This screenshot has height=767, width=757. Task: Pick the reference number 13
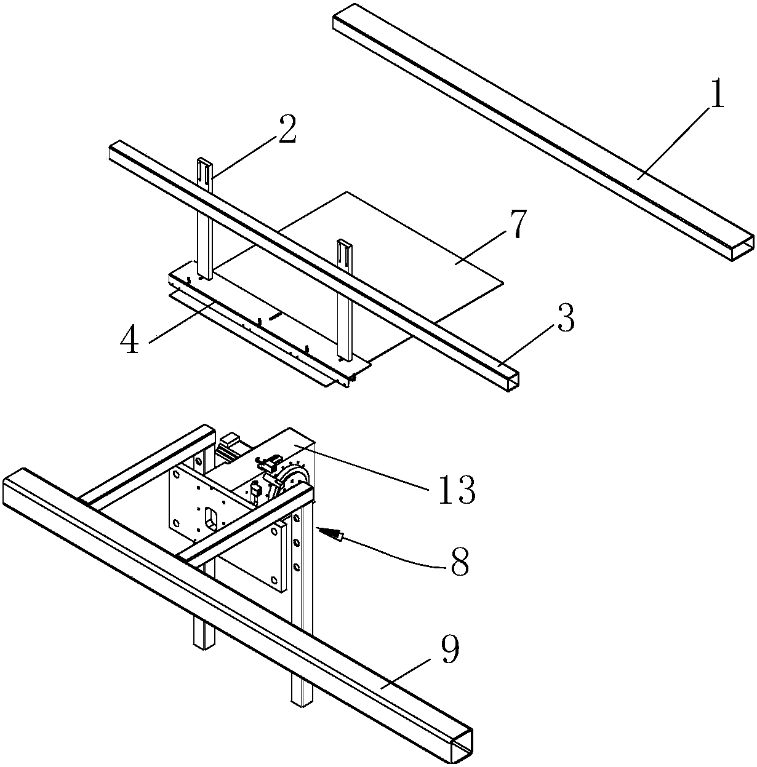pos(456,490)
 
